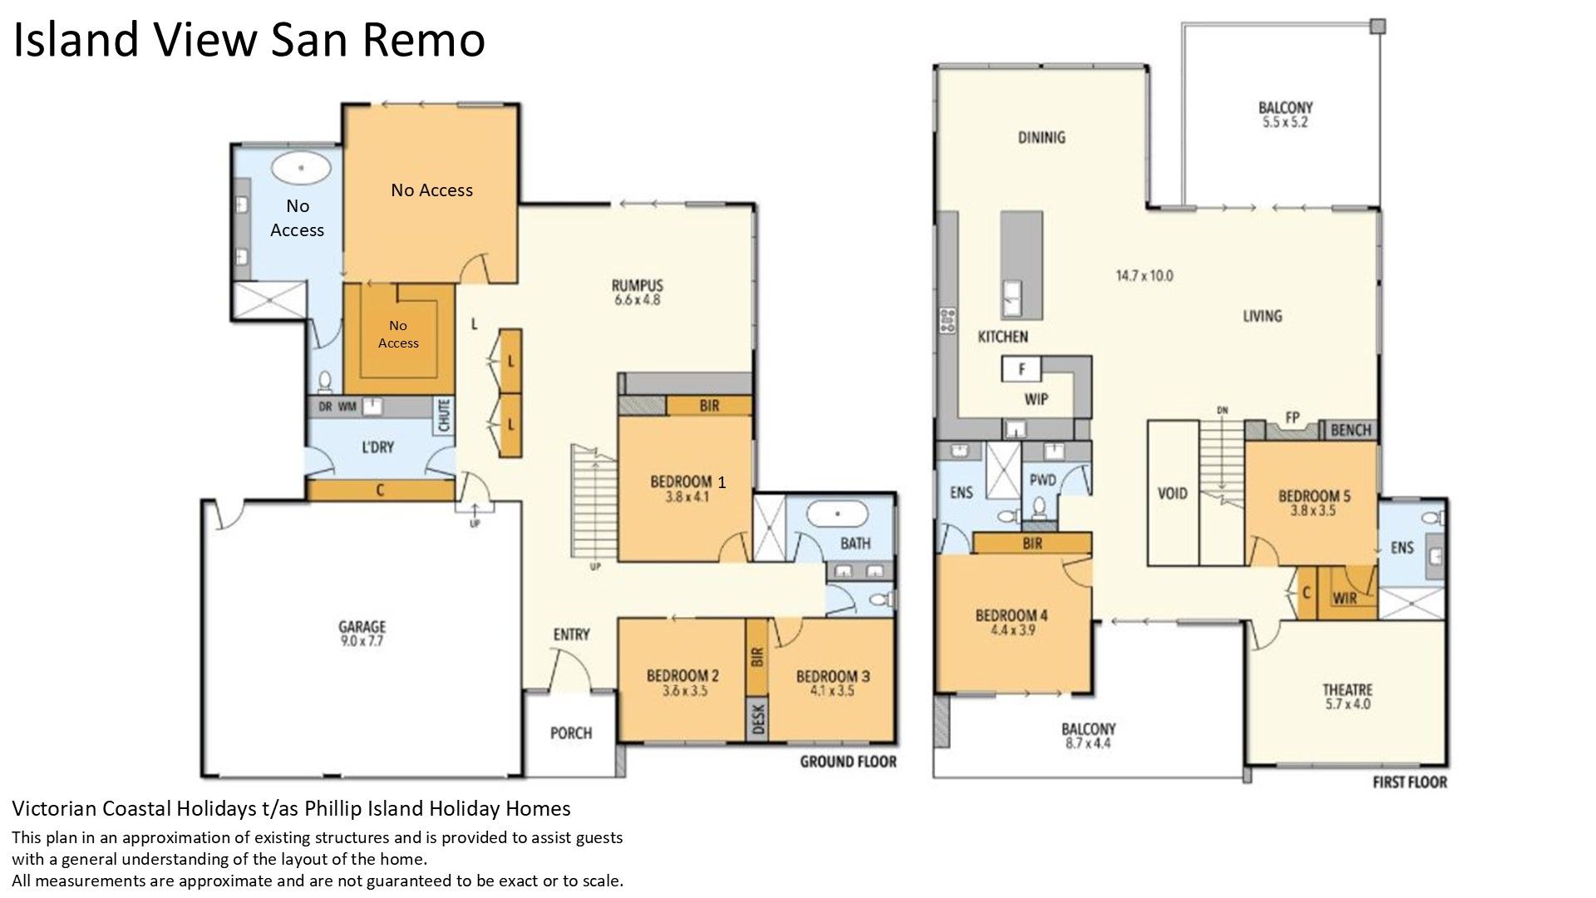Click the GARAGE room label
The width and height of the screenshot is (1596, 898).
pos(362,627)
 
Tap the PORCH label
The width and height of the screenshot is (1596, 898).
pos(571,733)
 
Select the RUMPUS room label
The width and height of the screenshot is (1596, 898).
pos(637,286)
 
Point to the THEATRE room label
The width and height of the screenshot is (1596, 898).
pos(1347,690)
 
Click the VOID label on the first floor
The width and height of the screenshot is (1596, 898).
pos(1172,493)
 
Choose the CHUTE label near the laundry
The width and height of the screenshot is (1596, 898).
pos(444,416)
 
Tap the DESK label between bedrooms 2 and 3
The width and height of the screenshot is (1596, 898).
pos(758,718)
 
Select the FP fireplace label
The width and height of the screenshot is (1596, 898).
pos(1292,418)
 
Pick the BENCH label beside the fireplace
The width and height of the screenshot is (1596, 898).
pos(1351,430)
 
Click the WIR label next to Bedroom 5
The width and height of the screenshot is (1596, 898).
pos(1344,598)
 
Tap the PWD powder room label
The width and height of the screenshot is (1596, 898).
pos(1042,481)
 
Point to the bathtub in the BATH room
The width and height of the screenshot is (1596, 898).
pos(839,516)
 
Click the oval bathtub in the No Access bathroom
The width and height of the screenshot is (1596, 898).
pos(301,168)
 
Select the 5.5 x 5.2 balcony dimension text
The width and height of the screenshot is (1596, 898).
pos(1285,122)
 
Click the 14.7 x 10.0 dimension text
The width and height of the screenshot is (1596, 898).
pos(1144,275)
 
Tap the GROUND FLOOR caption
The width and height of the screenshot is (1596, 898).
pos(848,762)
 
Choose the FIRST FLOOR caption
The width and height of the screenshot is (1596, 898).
pos(1410,782)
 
